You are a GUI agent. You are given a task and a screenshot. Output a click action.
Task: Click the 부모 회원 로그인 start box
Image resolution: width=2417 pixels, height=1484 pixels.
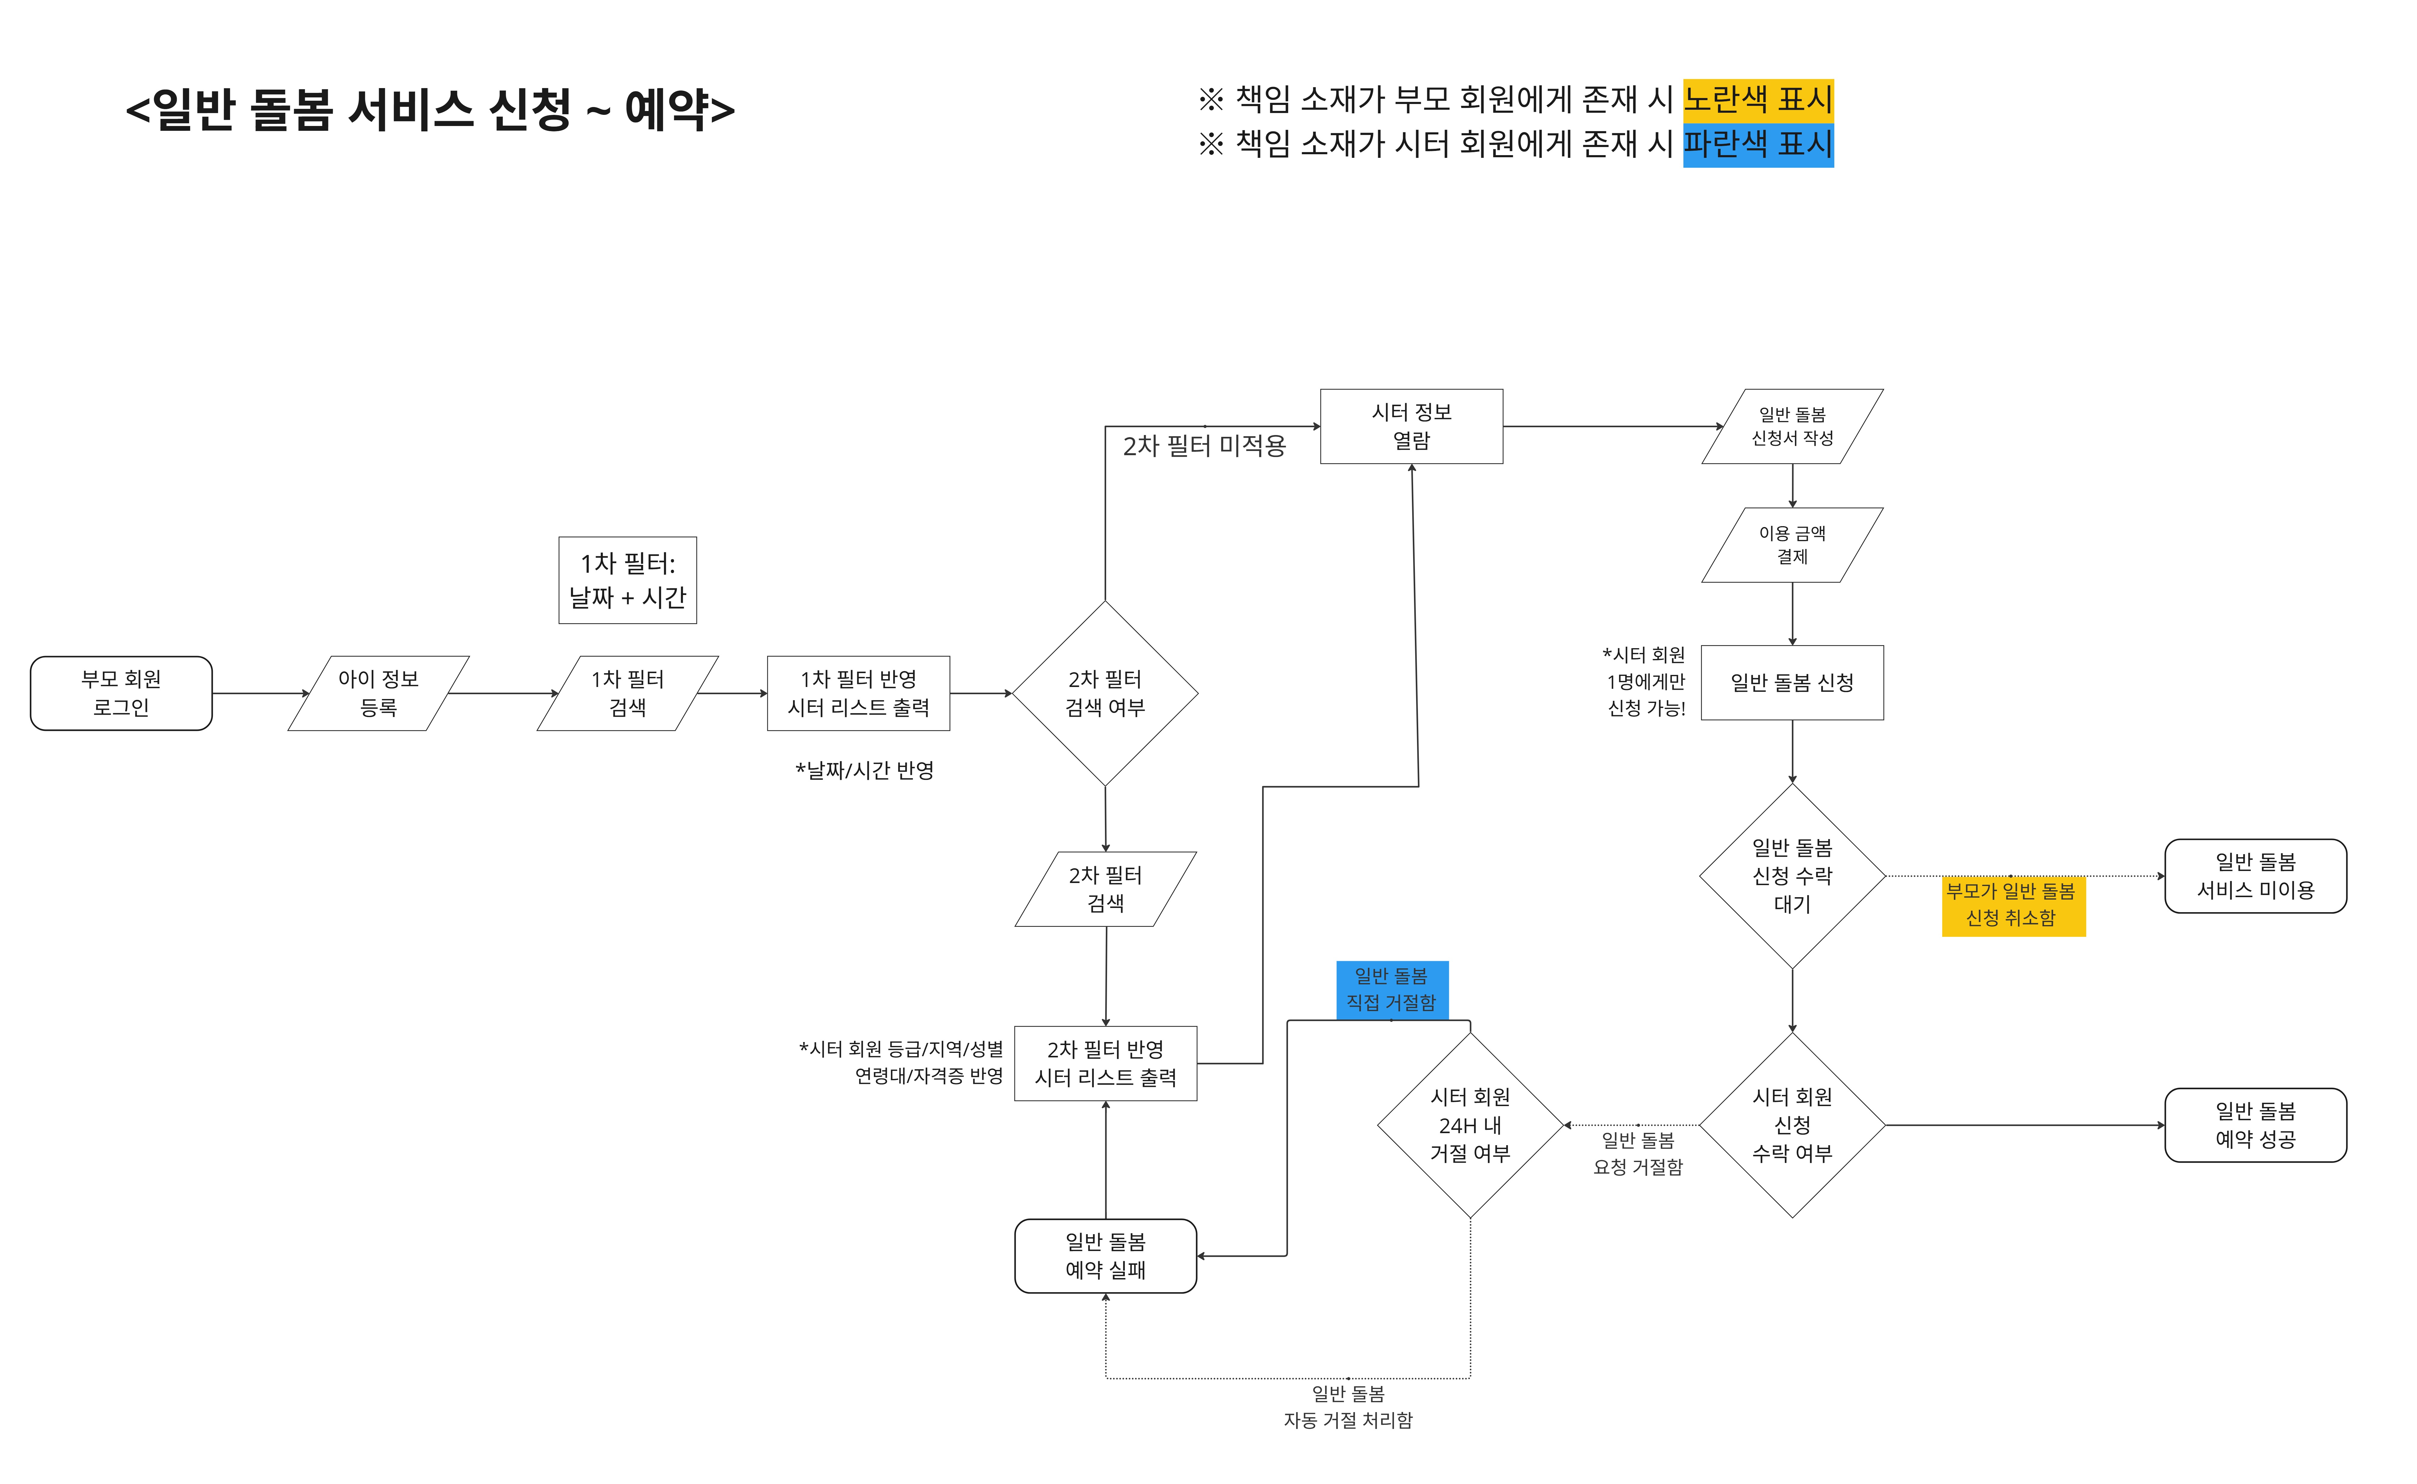[x=121, y=693]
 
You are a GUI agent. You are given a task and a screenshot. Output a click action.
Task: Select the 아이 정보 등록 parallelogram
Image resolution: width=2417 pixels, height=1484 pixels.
[x=378, y=693]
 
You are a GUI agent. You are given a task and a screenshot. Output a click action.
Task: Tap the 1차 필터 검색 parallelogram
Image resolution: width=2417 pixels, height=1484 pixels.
[x=627, y=693]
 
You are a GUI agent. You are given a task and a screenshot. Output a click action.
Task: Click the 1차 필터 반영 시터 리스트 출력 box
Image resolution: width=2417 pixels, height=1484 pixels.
[x=858, y=693]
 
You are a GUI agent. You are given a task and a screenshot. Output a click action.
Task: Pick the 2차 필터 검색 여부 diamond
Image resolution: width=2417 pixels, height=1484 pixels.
[x=1105, y=693]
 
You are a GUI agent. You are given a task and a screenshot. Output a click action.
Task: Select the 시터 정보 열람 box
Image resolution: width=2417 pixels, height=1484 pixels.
[x=1411, y=426]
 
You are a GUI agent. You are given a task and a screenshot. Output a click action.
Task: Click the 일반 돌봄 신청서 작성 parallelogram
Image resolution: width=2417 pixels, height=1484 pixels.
[x=1792, y=426]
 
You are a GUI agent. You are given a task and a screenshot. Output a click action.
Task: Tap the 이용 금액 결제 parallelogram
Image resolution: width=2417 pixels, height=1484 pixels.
[x=1792, y=545]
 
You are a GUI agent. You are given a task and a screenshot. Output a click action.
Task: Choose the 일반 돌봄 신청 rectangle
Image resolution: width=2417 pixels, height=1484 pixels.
[x=1792, y=682]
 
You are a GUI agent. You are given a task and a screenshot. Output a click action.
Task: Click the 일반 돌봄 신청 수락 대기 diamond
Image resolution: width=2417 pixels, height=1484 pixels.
[x=1792, y=875]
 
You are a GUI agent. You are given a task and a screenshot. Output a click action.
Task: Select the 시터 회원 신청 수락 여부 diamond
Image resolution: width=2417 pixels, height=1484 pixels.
[x=1792, y=1125]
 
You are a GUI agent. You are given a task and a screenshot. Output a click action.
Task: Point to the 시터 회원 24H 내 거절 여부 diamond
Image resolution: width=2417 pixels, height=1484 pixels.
[x=1470, y=1125]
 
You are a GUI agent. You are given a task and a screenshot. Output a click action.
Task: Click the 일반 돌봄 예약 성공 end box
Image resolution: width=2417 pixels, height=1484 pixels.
[x=2255, y=1125]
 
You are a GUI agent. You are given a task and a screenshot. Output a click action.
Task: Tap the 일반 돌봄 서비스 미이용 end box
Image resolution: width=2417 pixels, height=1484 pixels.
[x=2255, y=875]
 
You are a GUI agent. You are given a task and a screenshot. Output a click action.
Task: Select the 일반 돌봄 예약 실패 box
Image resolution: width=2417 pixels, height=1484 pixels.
[x=1105, y=1255]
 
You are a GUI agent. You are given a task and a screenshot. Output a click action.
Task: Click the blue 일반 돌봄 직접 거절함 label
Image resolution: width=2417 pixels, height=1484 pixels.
[x=1391, y=989]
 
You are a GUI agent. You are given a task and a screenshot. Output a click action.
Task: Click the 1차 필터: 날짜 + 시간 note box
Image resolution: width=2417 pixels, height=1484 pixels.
[x=627, y=580]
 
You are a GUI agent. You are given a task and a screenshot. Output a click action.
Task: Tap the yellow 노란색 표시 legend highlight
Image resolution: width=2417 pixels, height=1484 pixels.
[x=1758, y=99]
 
